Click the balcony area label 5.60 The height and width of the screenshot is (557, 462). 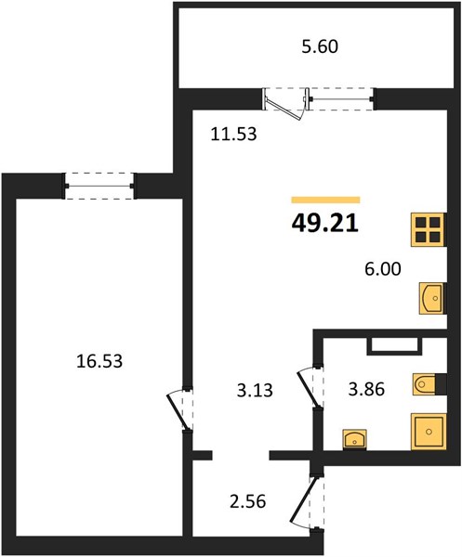click(x=320, y=46)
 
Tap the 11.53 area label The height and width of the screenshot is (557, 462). click(x=233, y=135)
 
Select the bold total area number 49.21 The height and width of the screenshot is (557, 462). click(x=324, y=224)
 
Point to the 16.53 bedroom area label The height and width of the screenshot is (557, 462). click(x=99, y=361)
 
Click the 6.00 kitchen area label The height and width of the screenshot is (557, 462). click(x=383, y=269)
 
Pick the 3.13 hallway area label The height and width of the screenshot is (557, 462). click(x=255, y=390)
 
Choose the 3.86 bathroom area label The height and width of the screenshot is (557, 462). click(x=366, y=389)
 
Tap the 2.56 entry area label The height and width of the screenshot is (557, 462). click(x=248, y=502)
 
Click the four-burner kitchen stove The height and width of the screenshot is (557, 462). click(x=429, y=229)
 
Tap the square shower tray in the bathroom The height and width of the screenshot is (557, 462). click(x=429, y=432)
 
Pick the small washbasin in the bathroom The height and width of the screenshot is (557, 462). click(x=354, y=439)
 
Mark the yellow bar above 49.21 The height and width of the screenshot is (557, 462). click(x=325, y=200)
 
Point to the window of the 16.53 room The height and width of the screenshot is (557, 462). click(x=99, y=186)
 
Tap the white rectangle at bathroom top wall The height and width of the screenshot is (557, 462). click(x=394, y=345)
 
